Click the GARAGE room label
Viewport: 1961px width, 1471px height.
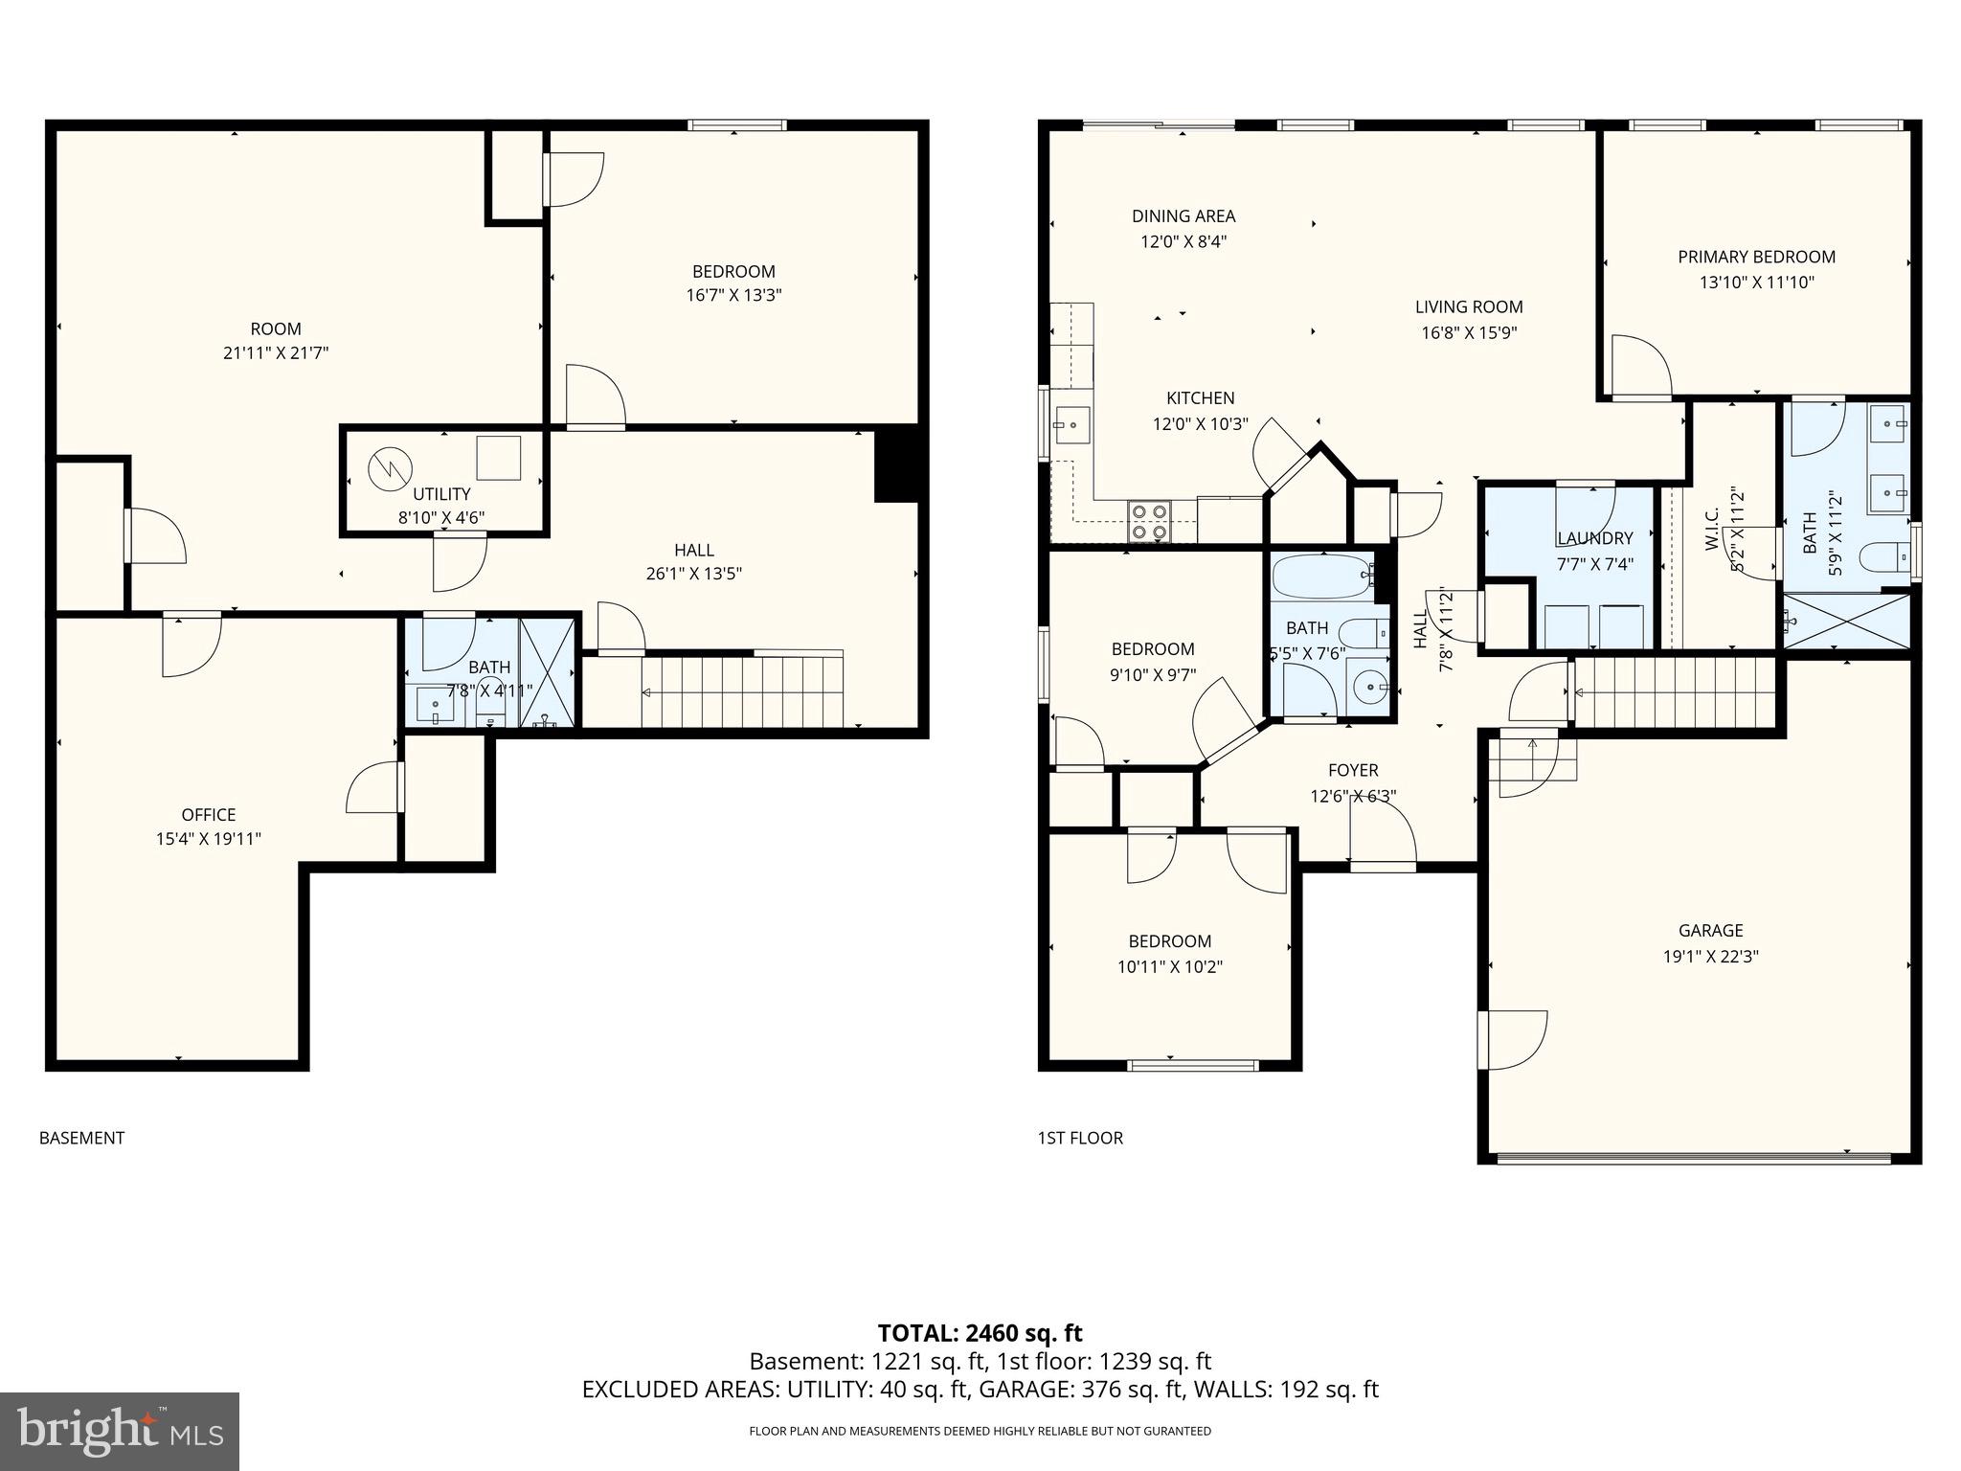pos(1710,930)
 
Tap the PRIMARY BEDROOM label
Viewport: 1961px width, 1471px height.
pos(1756,257)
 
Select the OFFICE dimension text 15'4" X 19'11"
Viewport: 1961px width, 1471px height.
pos(209,839)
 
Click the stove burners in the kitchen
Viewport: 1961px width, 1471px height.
pos(1149,520)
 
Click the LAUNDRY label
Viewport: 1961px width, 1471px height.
pos(1594,538)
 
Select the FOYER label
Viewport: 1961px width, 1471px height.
pos(1353,770)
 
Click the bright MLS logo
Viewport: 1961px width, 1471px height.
pos(120,1432)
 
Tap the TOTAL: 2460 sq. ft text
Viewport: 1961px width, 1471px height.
pos(980,1333)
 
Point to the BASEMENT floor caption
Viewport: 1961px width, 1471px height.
pos(81,1138)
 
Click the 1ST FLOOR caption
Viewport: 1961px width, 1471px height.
pos(1080,1138)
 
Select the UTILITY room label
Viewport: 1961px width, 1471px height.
pos(441,494)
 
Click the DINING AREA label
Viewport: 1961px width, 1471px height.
pos(1183,216)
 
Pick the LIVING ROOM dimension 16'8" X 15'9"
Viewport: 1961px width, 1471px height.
pos(1469,333)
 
